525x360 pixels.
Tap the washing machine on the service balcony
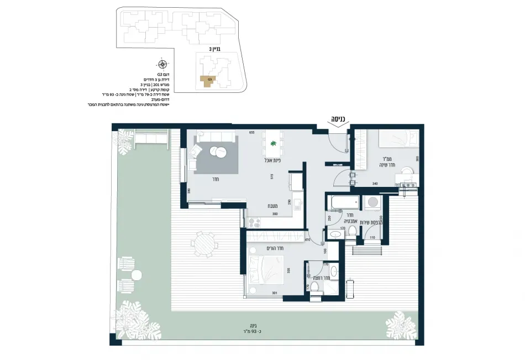pyautogui.click(x=373, y=202)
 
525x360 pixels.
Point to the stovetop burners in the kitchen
pyautogui.click(x=255, y=223)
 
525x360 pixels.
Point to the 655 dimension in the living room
pyautogui.click(x=251, y=133)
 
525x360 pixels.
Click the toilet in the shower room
pyautogui.click(x=314, y=286)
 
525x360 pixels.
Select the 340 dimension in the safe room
pyautogui.click(x=375, y=183)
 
